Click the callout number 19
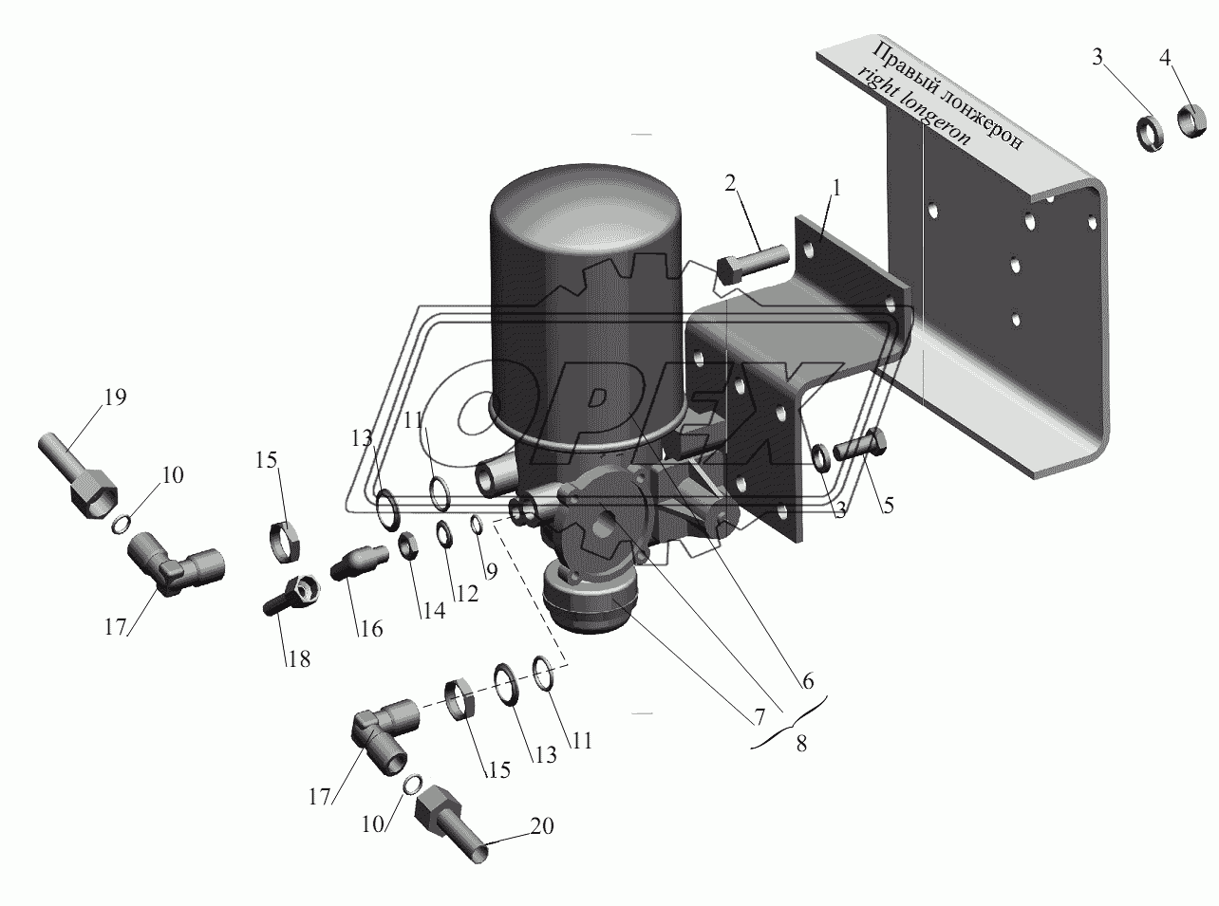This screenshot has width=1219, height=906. pyautogui.click(x=114, y=398)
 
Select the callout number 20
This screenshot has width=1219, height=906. pyautogui.click(x=542, y=826)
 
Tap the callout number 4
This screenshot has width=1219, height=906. pyautogui.click(x=1166, y=58)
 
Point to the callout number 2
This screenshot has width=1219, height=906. pyautogui.click(x=729, y=183)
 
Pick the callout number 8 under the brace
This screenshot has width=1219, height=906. pyautogui.click(x=801, y=745)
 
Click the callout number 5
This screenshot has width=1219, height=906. pyautogui.click(x=887, y=506)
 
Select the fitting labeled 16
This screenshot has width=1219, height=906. pyautogui.click(x=357, y=561)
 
